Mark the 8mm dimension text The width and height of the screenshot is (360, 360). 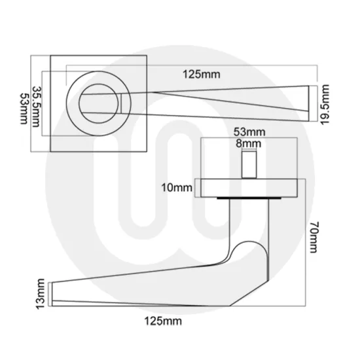[249, 143]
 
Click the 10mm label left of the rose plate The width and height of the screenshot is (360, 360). [177, 188]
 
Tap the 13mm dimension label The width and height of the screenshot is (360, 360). [41, 293]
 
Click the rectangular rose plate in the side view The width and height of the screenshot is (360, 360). [249, 187]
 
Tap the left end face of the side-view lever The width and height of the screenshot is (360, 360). [52, 293]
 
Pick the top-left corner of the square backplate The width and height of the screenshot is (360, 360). [50, 56]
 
